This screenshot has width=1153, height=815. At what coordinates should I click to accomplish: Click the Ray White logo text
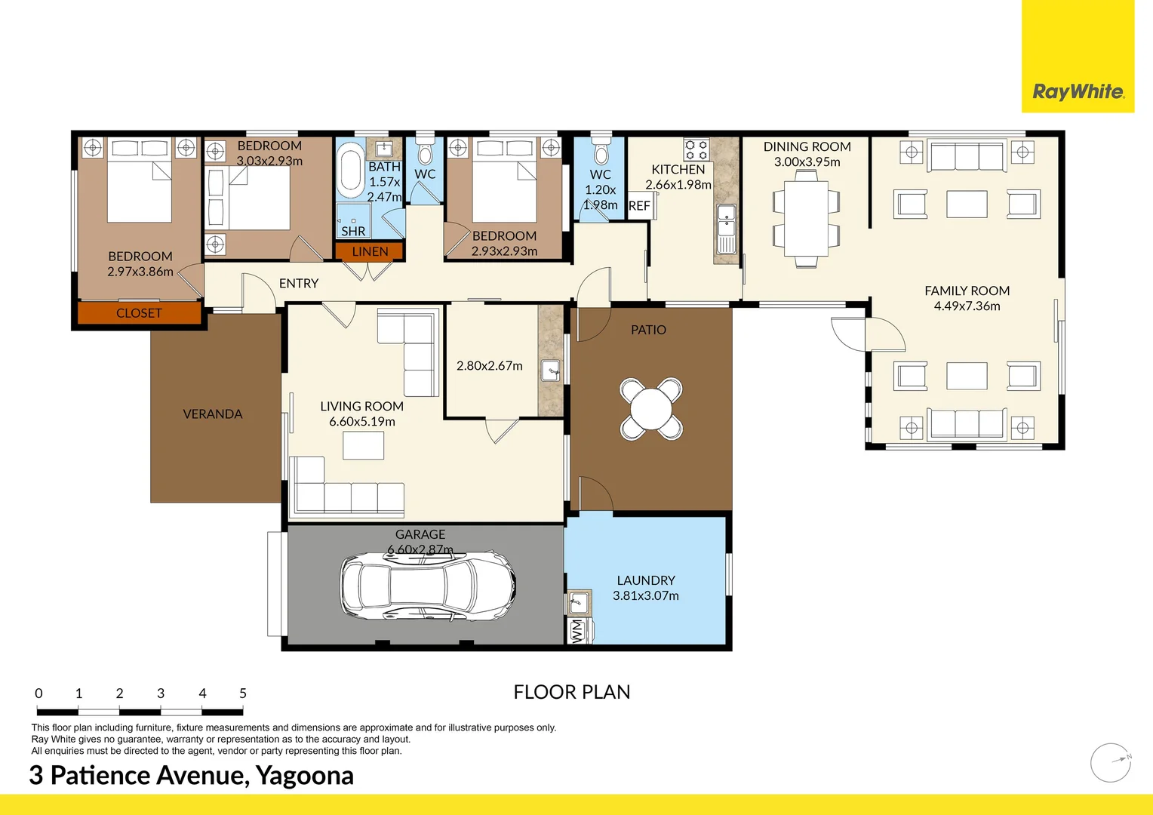1078,91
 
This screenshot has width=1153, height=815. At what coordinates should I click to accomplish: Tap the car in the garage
427,586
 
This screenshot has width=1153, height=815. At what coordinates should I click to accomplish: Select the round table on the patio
651,409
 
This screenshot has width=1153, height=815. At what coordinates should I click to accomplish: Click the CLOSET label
139,313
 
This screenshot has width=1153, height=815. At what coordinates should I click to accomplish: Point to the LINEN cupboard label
370,251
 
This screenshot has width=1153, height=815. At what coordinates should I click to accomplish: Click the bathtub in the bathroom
351,170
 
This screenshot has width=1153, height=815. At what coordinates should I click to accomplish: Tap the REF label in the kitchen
639,206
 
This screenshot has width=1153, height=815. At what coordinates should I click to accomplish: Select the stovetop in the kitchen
696,150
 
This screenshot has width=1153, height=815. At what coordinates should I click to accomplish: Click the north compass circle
1110,763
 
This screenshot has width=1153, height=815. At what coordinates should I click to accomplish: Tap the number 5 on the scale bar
243,693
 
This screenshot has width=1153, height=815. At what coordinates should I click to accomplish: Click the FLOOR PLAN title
572,692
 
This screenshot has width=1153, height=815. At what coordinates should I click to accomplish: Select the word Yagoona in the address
305,776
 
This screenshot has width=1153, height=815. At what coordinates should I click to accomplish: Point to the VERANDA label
213,414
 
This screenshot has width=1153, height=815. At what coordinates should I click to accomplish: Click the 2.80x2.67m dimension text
490,365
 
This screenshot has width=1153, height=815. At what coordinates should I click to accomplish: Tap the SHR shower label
353,231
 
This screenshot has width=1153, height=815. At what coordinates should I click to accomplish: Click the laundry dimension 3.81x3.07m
645,595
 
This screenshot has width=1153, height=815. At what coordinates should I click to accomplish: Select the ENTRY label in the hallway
299,283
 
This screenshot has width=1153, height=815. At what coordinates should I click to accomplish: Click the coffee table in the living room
364,445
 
